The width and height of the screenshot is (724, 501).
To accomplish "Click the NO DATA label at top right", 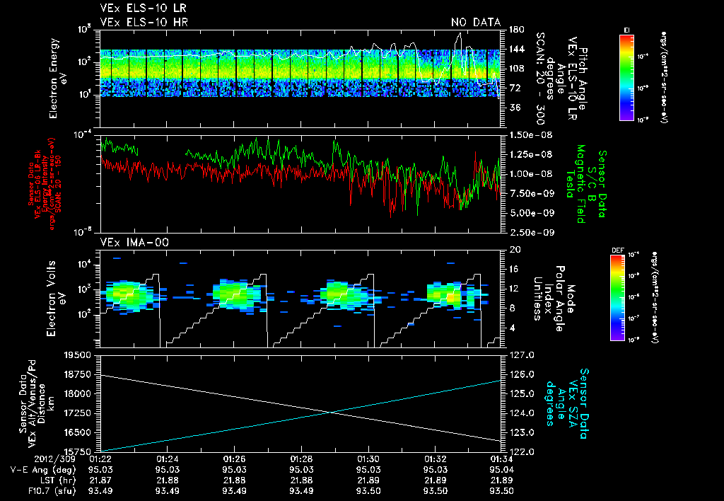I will [475, 22].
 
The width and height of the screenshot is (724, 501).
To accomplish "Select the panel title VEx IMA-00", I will [127, 242].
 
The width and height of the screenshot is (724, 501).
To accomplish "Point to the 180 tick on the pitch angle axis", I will [515, 29].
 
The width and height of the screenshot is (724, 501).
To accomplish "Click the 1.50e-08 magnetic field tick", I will [530, 134].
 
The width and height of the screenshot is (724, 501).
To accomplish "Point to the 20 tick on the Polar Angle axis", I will [513, 250].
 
